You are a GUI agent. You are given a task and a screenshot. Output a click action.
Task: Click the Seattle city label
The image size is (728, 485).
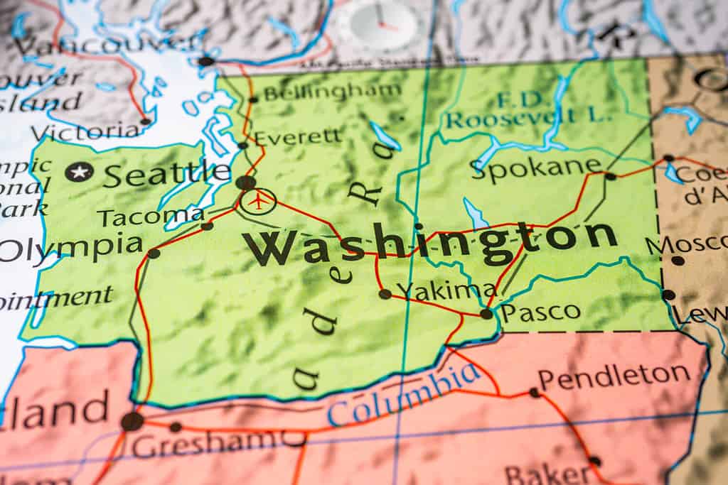[x=166, y=173]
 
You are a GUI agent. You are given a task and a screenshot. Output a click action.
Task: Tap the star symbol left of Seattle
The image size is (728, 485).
[x=79, y=172]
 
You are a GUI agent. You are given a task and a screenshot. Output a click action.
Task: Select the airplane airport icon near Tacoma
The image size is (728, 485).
[x=258, y=201]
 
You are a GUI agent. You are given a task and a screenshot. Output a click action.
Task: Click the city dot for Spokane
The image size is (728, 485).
[x=611, y=175]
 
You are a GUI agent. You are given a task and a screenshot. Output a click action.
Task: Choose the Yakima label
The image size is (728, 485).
[x=447, y=290]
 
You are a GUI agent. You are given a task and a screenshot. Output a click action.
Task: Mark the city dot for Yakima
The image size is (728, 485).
[x=385, y=293]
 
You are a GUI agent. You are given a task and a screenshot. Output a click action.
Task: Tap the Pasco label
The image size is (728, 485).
[x=540, y=312]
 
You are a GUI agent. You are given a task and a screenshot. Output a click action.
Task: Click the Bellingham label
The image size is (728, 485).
[x=332, y=92]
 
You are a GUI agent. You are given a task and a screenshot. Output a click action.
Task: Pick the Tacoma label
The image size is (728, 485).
[x=151, y=216]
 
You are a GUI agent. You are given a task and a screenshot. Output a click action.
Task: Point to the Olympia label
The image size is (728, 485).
[x=71, y=249]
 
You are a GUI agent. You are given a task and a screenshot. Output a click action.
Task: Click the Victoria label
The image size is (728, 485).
[x=85, y=131]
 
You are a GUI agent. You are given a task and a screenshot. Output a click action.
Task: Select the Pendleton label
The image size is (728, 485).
[x=614, y=375]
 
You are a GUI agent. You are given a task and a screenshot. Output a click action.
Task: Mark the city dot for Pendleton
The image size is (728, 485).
[x=534, y=392]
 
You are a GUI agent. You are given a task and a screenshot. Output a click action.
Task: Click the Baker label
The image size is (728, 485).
[x=546, y=473]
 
